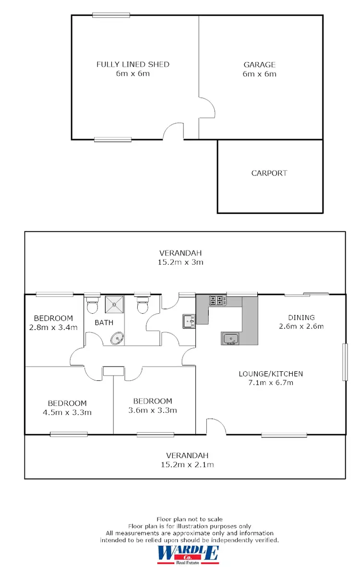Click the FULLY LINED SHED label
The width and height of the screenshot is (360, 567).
133,64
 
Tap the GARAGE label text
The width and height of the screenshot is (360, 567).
259,64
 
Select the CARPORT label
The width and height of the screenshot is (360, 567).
269,173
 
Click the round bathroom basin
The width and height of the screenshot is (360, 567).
117,339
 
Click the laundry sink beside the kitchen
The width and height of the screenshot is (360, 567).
189,321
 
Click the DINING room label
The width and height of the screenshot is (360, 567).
301,318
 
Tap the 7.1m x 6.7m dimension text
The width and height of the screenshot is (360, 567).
271,383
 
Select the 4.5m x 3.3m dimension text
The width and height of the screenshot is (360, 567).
67,412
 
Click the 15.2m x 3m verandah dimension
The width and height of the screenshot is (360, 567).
181,262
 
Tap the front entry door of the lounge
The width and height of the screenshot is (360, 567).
216,426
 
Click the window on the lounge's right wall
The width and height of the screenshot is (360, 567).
344,362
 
